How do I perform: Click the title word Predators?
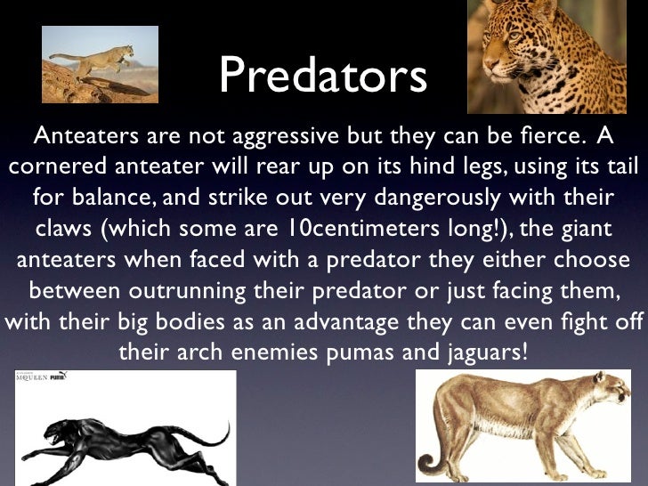tap(323, 77)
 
